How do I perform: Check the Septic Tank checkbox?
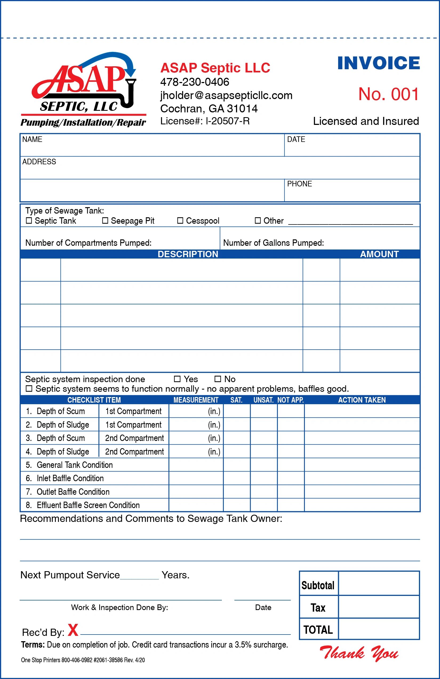pyautogui.click(x=29, y=220)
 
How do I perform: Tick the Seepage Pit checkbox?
pyautogui.click(x=105, y=220)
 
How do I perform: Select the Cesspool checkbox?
pyautogui.click(x=180, y=220)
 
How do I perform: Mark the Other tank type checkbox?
pyautogui.click(x=258, y=220)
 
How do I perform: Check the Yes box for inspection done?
pyautogui.click(x=177, y=379)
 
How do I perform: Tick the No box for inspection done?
pyautogui.click(x=218, y=379)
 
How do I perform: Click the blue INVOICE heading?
pyautogui.click(x=378, y=63)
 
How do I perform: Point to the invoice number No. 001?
pyautogui.click(x=388, y=94)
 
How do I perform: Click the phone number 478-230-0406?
pyautogui.click(x=195, y=82)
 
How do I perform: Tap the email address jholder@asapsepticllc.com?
pyautogui.click(x=226, y=95)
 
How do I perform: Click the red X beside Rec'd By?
pyautogui.click(x=73, y=630)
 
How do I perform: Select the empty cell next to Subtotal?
pyautogui.click(x=379, y=583)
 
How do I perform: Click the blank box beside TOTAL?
pyautogui.click(x=379, y=629)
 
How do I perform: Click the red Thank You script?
pyautogui.click(x=359, y=653)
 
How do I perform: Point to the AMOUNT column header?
pyautogui.click(x=379, y=254)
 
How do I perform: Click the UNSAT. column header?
pyautogui.click(x=263, y=400)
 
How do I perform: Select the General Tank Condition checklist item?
pyautogui.click(x=75, y=465)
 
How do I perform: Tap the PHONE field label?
pyautogui.click(x=299, y=184)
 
